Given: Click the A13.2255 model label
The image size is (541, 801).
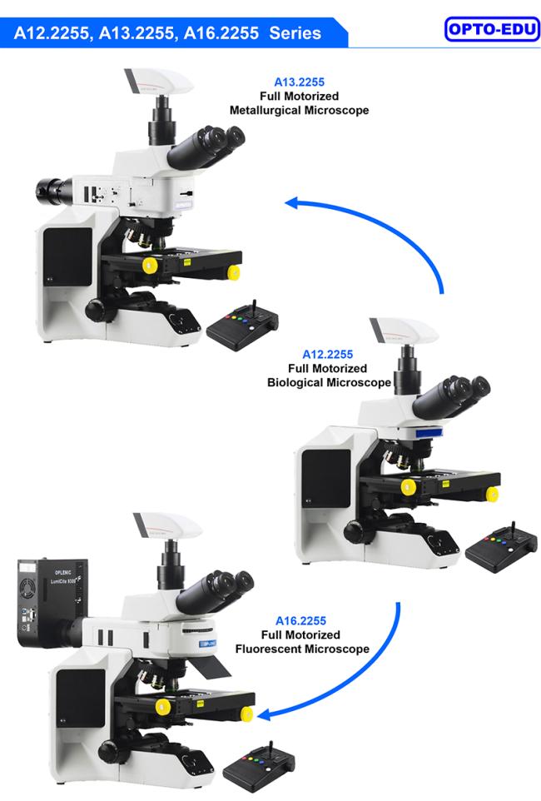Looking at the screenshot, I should [299, 82].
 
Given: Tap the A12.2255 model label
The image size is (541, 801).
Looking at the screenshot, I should [327, 354].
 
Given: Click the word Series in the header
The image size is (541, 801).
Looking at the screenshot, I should [290, 33].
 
